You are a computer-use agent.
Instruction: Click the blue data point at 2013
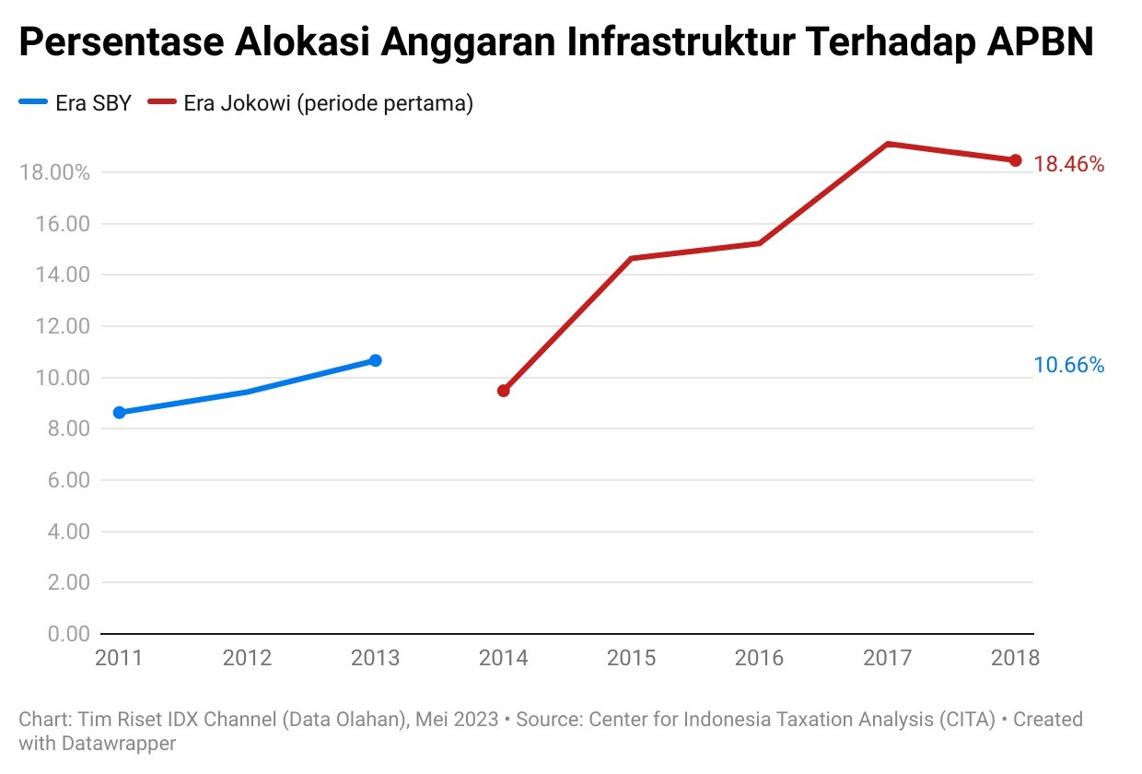[375, 360]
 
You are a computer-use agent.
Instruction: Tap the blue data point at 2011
[119, 413]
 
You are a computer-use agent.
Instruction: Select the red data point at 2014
[503, 391]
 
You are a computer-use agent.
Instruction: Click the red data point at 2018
[1016, 160]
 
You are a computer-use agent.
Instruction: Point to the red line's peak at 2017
[888, 144]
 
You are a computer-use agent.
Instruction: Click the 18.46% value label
[1068, 165]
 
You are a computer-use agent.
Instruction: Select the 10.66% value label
[1068, 366]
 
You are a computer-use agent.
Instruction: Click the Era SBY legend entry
[76, 103]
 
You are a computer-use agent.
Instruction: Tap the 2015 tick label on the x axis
[631, 658]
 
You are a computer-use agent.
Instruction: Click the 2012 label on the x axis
[247, 658]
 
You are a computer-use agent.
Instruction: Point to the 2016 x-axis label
[759, 658]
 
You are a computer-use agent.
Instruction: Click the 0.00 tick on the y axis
[67, 634]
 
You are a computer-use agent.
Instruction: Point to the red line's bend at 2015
[632, 258]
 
